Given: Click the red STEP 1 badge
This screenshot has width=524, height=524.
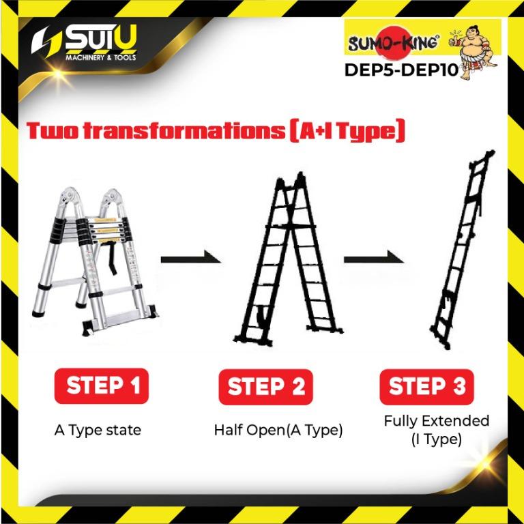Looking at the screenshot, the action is pos(101,385).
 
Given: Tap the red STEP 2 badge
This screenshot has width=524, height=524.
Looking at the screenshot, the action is pos(265,387).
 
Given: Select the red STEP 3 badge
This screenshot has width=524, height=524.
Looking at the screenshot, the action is pos(426,387).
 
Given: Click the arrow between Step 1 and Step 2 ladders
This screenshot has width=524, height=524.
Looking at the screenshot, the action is pos(190,259).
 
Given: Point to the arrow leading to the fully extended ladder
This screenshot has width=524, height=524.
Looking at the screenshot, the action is pos(374,259).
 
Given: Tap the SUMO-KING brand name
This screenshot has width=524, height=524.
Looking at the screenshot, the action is pos(393,43).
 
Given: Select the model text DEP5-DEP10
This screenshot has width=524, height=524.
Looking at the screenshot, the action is pos(401,70).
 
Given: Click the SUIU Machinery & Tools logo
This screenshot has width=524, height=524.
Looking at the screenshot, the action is pos(84,43).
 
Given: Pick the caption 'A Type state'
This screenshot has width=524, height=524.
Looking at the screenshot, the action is pos(98,431).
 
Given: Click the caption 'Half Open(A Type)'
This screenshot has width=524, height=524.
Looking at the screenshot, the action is pos(278,431).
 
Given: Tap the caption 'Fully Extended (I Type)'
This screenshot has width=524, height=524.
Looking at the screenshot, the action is pos(437,430).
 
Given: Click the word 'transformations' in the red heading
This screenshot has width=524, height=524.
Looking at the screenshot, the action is pos(183,131).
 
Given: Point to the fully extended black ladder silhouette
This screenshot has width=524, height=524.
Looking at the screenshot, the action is pos(462,250).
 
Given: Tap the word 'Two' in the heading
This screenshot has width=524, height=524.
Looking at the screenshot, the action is pos(53,131).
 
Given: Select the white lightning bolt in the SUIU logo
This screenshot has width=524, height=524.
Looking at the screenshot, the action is pos(45,41).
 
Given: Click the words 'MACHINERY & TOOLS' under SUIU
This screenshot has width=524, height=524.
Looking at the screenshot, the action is pos(100,57).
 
